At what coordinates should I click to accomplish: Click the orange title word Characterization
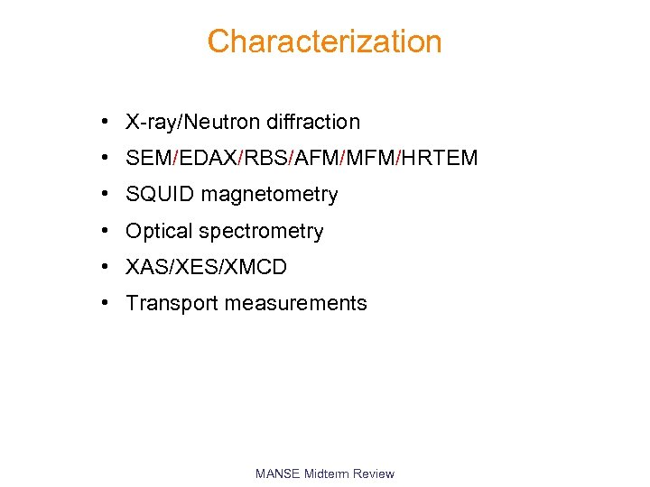tap(324, 41)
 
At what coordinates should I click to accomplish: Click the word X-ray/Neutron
tap(185, 123)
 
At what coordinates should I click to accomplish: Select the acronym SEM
tap(149, 159)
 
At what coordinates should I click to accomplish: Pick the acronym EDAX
tap(208, 159)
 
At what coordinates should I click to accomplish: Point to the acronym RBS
tap(266, 159)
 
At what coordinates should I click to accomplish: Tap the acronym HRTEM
tap(440, 159)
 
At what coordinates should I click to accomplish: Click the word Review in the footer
tap(374, 473)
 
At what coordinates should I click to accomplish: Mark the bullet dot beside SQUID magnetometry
tap(107, 195)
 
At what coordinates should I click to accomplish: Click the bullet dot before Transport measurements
tap(107, 303)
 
